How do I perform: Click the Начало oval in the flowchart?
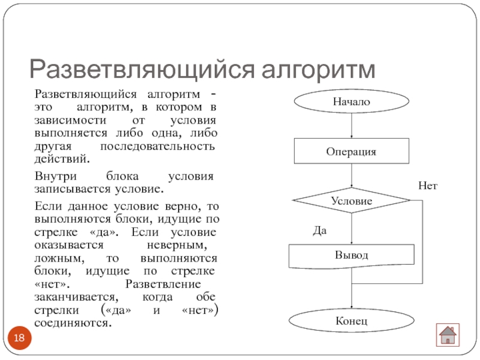(x=352, y=102)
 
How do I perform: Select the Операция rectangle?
(x=351, y=151)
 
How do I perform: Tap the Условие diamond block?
(x=352, y=201)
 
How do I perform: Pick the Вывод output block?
(x=352, y=256)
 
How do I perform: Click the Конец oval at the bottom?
(x=352, y=322)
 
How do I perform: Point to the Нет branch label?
(x=428, y=187)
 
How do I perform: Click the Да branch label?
(x=320, y=230)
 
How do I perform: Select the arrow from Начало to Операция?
(x=352, y=127)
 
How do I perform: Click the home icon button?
(x=447, y=334)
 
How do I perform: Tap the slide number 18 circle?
(x=19, y=339)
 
